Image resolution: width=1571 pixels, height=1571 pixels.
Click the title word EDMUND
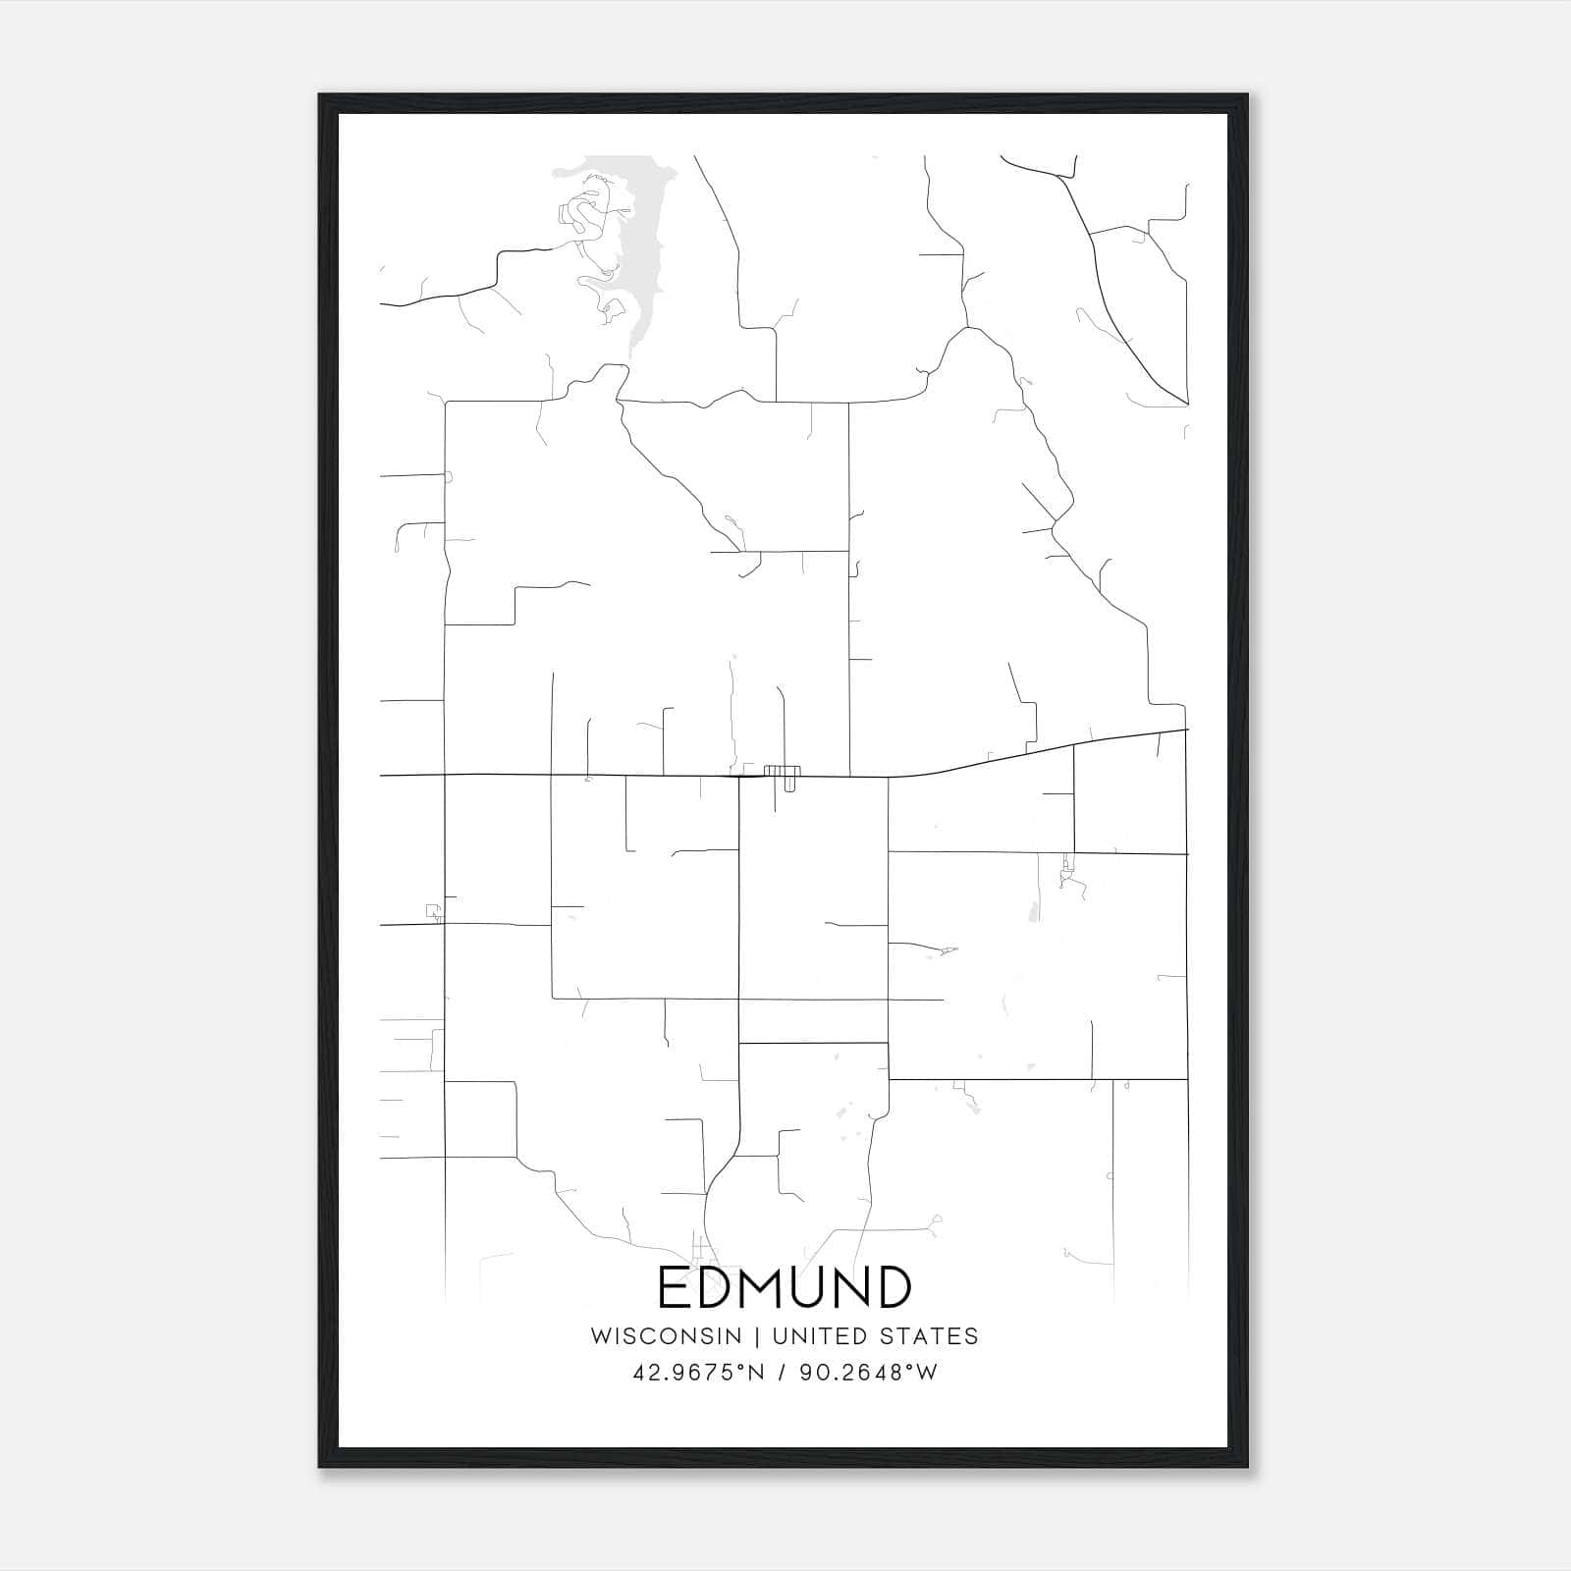point(785,1287)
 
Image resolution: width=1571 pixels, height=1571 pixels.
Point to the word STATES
point(928,1335)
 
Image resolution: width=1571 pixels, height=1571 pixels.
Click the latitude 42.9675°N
point(698,1373)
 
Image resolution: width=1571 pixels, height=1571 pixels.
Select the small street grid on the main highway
point(783,773)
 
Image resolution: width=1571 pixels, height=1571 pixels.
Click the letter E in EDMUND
point(675,1287)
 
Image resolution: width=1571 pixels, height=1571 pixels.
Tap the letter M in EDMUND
point(780,1287)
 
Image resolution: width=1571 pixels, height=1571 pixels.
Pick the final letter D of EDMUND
point(894,1287)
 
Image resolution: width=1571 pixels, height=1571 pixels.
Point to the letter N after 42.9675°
point(755,1373)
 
